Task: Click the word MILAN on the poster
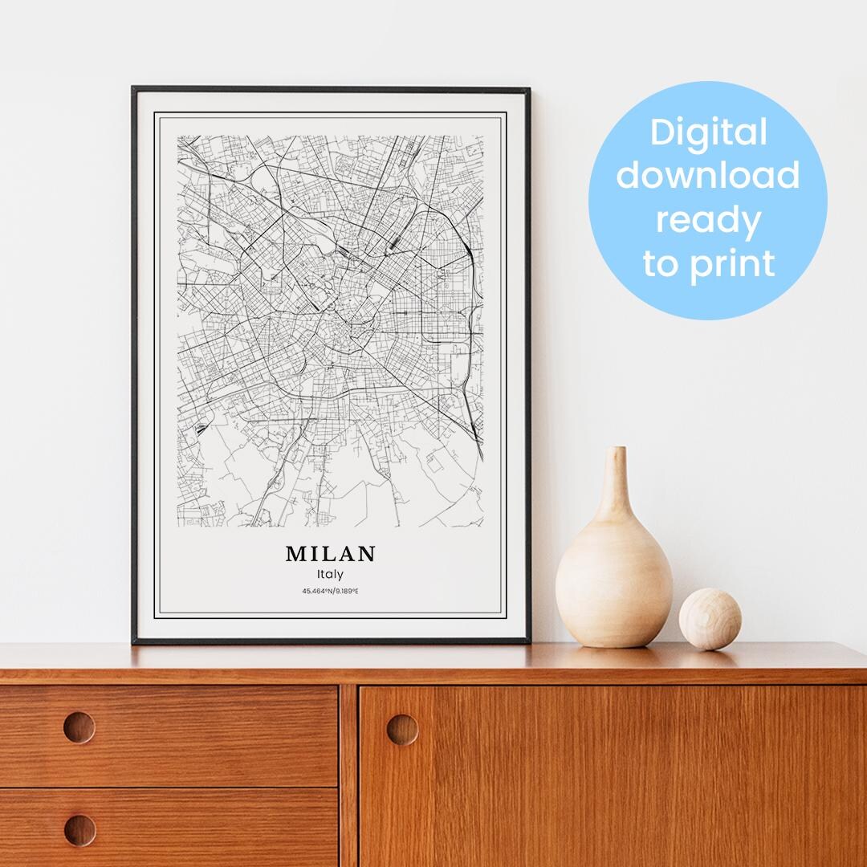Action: click(x=330, y=554)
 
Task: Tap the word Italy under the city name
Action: click(x=330, y=575)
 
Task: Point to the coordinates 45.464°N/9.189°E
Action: click(x=330, y=592)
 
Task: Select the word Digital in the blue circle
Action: click(x=708, y=132)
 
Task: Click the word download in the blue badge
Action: click(x=708, y=175)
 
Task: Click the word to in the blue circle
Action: click(x=660, y=263)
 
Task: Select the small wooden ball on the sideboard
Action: click(x=710, y=618)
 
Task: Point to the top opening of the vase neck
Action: click(x=616, y=450)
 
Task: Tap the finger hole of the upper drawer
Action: click(x=79, y=727)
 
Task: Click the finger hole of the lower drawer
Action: click(x=79, y=829)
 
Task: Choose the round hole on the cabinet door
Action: click(x=402, y=729)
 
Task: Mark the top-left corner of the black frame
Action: click(x=133, y=88)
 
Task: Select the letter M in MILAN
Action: click(x=294, y=554)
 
